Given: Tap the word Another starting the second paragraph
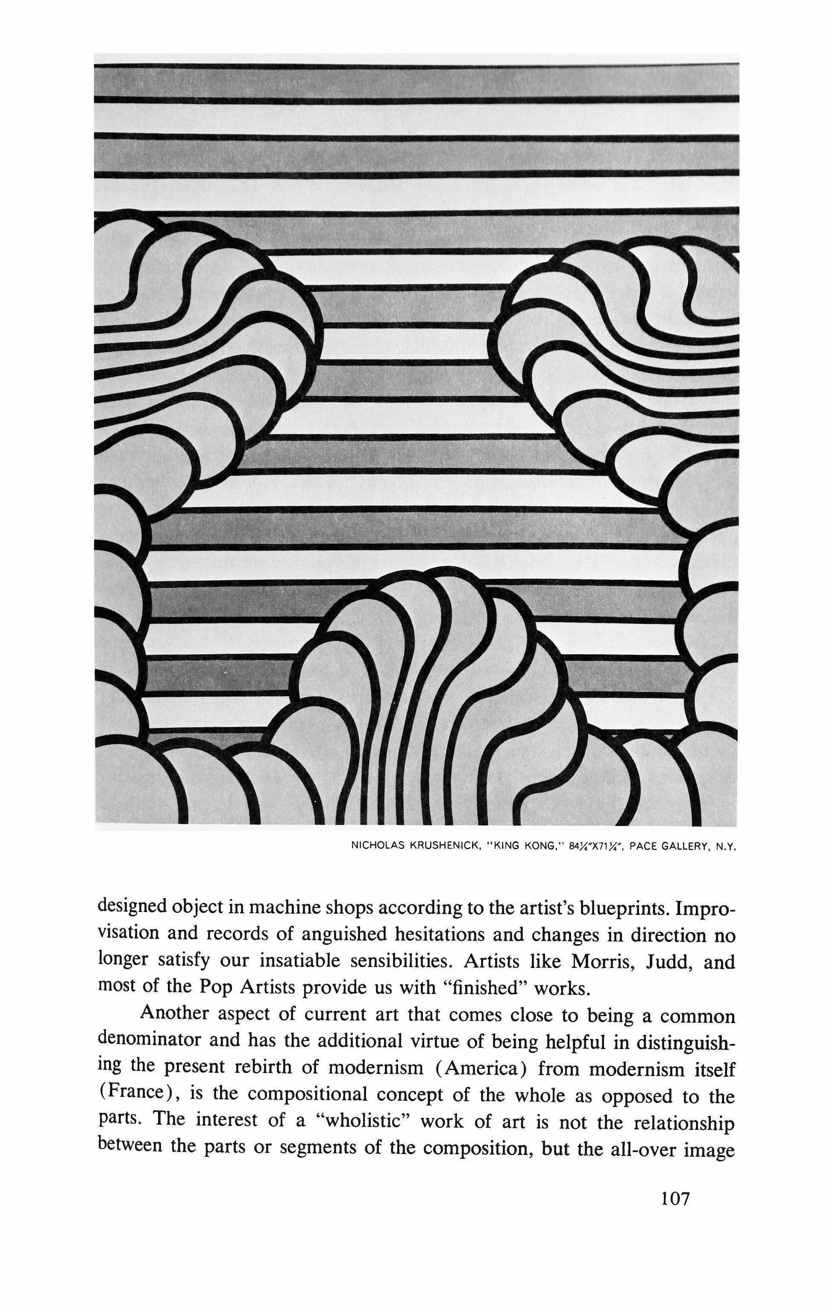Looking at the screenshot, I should click(175, 1014).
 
